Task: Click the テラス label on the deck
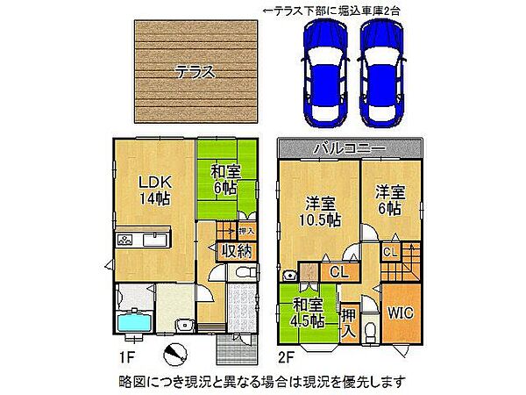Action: pos(194,73)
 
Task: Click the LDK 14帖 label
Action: pos(152,190)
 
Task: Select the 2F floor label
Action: pos(288,357)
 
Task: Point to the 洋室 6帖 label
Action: pos(391,199)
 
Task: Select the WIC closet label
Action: pos(400,312)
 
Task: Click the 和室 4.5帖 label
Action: pos(308,313)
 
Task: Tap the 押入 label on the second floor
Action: pos(349,322)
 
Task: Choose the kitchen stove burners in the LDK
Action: pos(124,239)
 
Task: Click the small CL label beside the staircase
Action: pos(391,252)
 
